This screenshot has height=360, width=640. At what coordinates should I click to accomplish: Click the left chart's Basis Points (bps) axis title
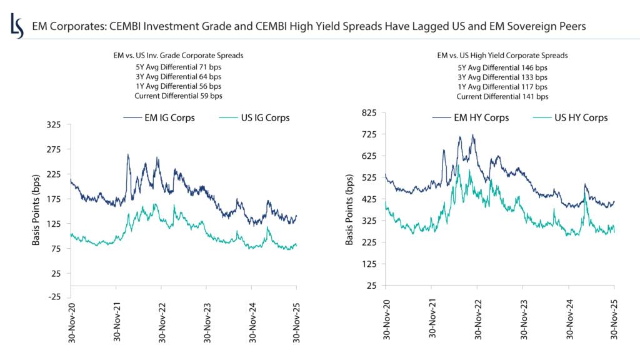coord(36,210)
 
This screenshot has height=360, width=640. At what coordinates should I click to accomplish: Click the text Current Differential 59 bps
coord(178,96)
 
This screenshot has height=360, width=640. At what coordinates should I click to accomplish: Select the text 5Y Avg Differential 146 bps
coord(502,66)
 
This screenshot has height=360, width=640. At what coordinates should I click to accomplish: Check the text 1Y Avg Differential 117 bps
coord(502,86)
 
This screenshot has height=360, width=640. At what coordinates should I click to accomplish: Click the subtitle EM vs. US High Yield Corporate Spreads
coord(502,56)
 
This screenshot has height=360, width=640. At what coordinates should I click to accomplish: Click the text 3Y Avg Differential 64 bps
coord(178,76)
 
